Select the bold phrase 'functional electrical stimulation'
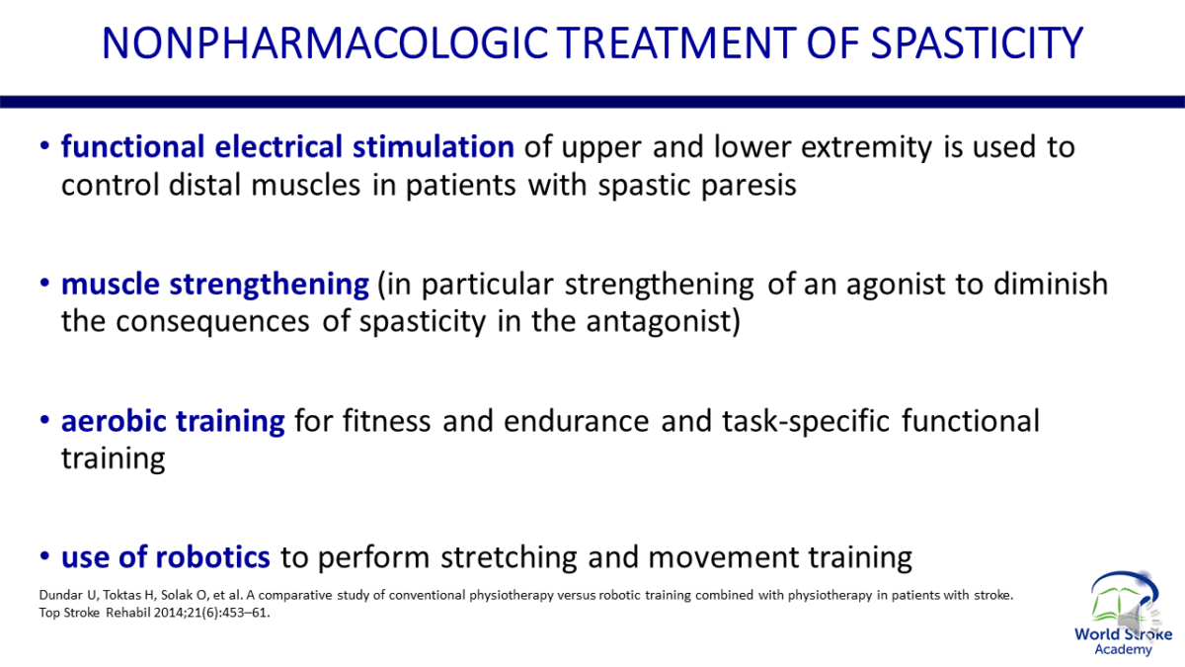click(287, 148)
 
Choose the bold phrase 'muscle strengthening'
click(214, 286)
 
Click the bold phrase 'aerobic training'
click(173, 422)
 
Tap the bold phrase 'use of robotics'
click(165, 558)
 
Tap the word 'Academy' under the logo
click(1123, 649)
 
